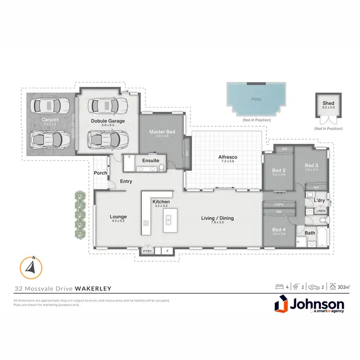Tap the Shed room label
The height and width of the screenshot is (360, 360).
328,103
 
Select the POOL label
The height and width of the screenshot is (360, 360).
257,99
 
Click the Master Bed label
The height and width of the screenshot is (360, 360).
160,132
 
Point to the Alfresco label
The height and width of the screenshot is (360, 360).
228,157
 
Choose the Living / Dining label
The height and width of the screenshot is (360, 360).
217,218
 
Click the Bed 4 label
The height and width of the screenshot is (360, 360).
279,229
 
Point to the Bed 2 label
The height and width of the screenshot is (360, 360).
279,170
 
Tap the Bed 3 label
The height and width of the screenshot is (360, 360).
312,166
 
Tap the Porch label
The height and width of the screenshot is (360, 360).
100,173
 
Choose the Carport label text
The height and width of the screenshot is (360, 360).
50,120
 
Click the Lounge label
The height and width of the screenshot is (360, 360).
118,216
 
